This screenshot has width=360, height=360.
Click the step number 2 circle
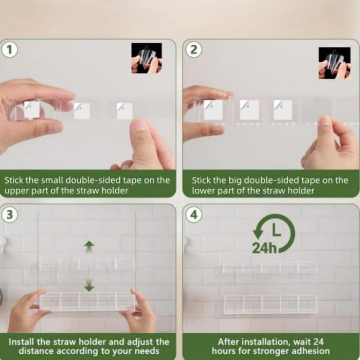point(193,50)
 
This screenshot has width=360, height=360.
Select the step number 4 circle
point(193,214)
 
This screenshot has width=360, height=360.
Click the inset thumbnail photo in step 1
point(147,58)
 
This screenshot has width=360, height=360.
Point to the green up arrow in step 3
point(89,246)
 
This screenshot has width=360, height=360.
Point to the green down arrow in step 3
point(89,284)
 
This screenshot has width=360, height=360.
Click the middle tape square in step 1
point(82,111)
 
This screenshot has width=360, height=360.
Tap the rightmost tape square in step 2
point(282,110)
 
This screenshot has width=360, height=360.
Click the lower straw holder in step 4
point(270,304)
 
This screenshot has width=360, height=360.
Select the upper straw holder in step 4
point(270,268)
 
